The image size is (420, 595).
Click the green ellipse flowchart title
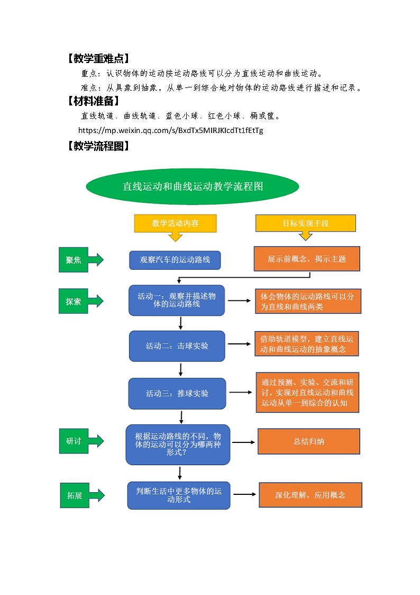[x=193, y=187]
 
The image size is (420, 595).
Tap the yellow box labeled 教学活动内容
[x=175, y=223]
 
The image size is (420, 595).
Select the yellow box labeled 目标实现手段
[x=305, y=223]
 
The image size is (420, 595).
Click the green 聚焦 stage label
[x=74, y=260]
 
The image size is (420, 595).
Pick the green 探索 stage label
[x=74, y=301]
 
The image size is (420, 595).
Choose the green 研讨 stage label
[x=74, y=440]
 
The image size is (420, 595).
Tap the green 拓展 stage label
[x=74, y=496]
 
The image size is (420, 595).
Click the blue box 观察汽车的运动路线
[x=175, y=260]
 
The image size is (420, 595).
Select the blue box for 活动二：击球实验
[x=177, y=346]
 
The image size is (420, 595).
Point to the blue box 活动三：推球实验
[x=177, y=394]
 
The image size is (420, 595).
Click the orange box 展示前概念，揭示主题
[x=307, y=259]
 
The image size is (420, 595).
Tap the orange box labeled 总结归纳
[x=309, y=441]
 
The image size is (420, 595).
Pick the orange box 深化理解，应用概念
[x=310, y=495]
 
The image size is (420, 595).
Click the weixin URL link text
[x=170, y=130]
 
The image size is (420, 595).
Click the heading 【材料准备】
[x=93, y=101]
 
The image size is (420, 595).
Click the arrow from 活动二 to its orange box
[x=240, y=344]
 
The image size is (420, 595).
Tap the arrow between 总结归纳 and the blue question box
[x=244, y=442]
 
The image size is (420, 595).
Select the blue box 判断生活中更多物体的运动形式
[x=179, y=495]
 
